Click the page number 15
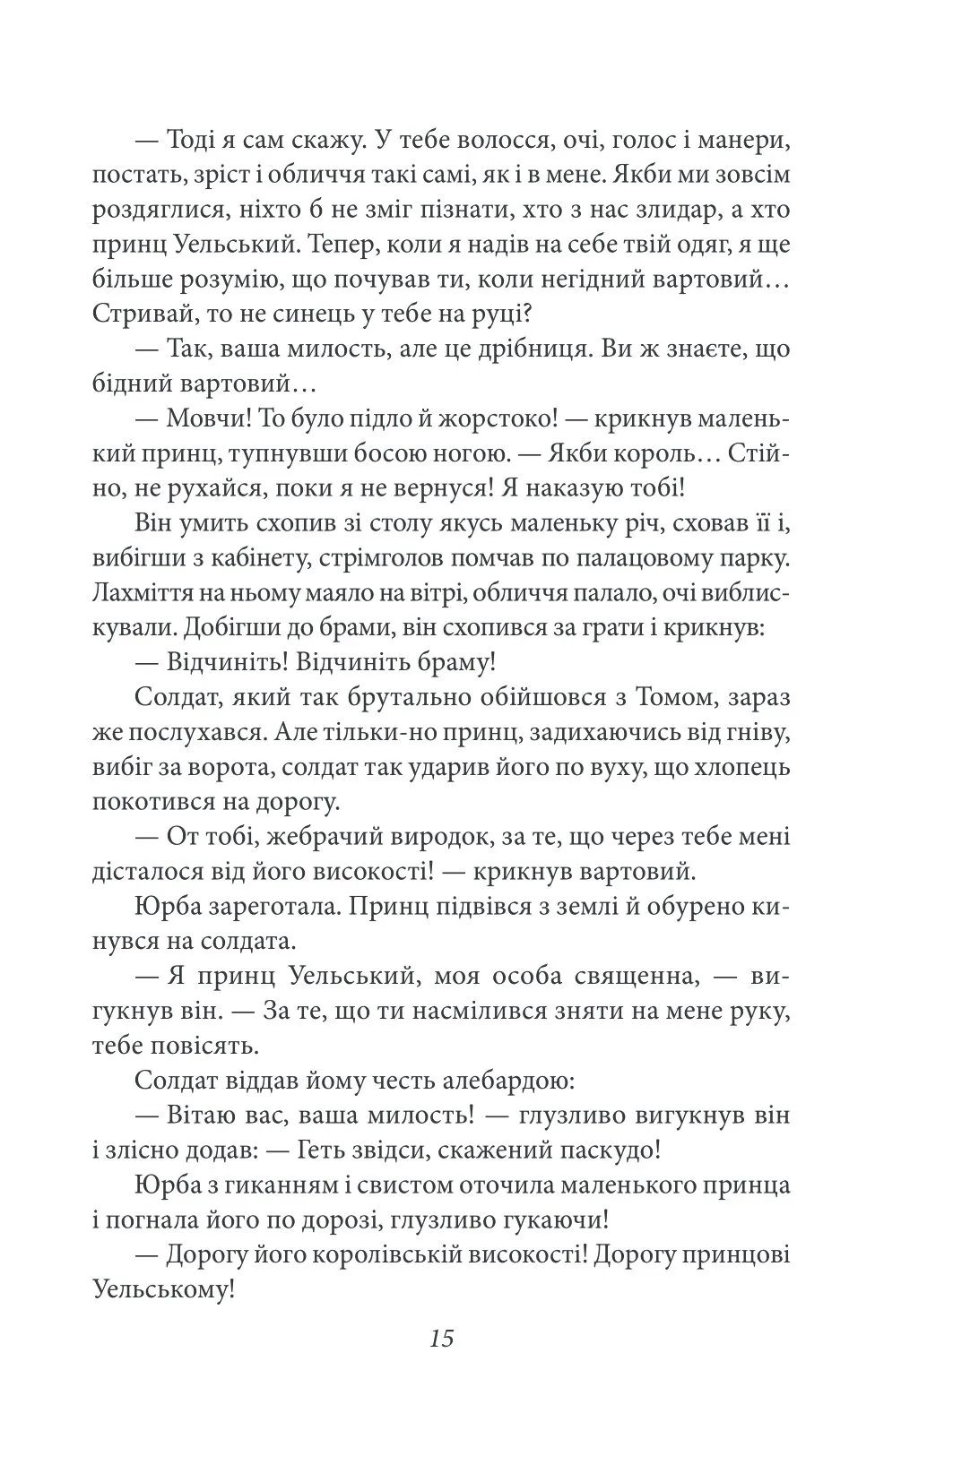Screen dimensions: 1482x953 click(443, 1340)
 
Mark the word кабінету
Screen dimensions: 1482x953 click(281, 559)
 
